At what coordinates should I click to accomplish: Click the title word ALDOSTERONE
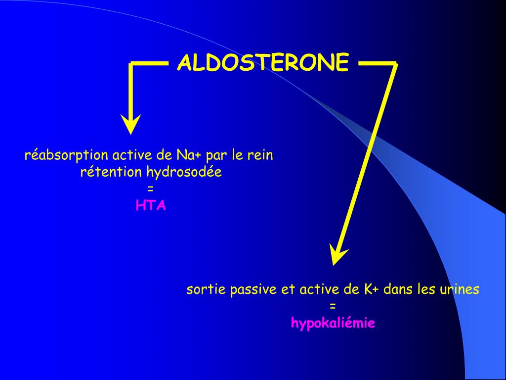click(x=263, y=63)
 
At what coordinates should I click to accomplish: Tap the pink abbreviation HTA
click(x=151, y=206)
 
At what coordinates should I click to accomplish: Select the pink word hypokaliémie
click(x=333, y=324)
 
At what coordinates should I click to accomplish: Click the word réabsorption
click(x=66, y=155)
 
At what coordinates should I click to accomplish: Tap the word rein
click(x=260, y=155)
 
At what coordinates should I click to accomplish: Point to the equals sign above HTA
click(x=151, y=189)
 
